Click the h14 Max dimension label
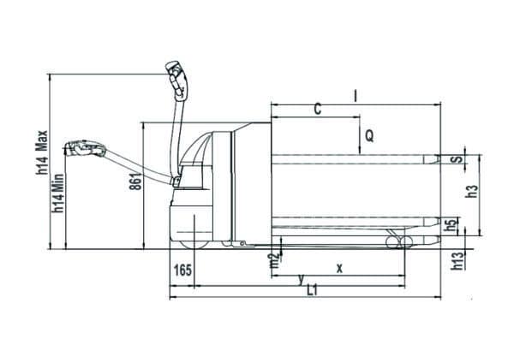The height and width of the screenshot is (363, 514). (42, 152)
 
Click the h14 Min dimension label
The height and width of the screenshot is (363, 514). (59, 193)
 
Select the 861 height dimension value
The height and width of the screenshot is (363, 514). (136, 181)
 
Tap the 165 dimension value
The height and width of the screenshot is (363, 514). (182, 271)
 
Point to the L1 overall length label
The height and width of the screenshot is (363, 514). (312, 290)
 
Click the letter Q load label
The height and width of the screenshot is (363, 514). (369, 135)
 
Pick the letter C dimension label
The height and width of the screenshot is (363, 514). (317, 109)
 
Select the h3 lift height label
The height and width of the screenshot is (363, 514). (472, 192)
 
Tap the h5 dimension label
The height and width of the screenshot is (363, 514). (451, 224)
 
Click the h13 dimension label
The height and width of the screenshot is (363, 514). (458, 260)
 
